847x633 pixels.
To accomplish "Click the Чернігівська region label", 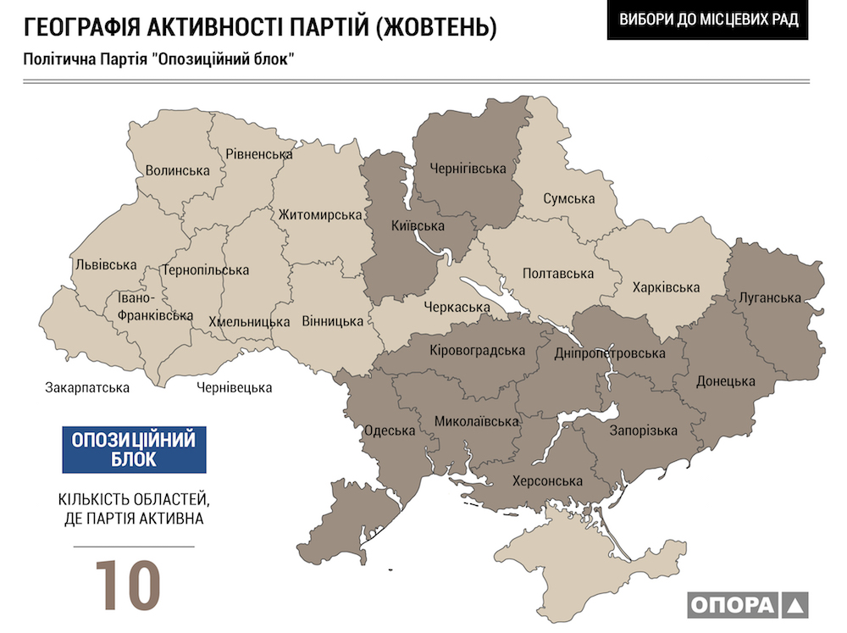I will tap(473, 169).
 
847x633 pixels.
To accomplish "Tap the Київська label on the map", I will tap(418, 226).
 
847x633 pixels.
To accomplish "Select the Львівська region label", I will tap(106, 264).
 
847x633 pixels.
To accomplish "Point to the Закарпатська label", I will tap(87, 388).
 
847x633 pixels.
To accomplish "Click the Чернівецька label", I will tap(235, 388).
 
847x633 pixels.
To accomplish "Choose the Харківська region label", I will tap(666, 287).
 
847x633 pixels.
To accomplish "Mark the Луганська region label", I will tap(770, 297).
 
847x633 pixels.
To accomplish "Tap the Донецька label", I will tap(725, 381).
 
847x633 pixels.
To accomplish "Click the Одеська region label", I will tap(389, 430).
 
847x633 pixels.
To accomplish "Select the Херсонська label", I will tap(547, 481).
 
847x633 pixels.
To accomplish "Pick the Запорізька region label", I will tap(644, 430).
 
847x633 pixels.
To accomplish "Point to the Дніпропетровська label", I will tap(610, 353).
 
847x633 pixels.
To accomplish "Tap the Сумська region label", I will tap(569, 199).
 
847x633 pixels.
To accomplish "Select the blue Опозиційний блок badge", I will tap(134, 449).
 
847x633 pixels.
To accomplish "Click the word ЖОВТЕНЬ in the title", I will tap(436, 27).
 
